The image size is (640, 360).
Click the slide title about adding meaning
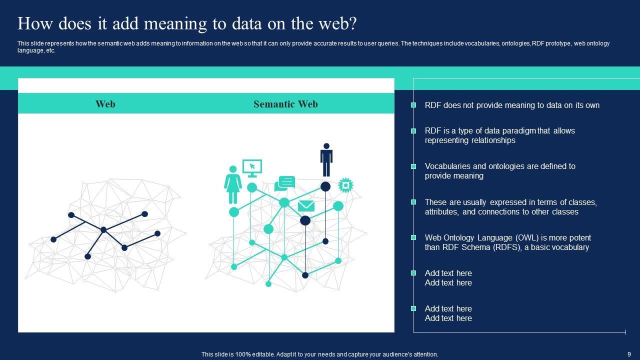point(187,24)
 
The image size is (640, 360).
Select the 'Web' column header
point(105,104)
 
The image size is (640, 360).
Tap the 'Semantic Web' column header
point(285,104)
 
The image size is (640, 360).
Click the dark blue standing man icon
point(326,159)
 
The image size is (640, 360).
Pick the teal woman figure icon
point(232,184)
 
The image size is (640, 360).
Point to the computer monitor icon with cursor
point(252,168)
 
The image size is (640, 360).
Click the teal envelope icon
point(306,206)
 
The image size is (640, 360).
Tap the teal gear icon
point(345,185)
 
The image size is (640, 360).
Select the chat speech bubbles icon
point(285,183)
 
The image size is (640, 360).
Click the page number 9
point(629,354)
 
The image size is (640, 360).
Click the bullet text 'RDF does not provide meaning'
point(512,105)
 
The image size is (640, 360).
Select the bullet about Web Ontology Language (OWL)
point(507,242)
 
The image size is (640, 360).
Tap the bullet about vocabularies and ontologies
point(500,171)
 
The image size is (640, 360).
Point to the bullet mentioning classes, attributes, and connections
point(510,207)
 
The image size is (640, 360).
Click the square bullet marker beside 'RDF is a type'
point(413,131)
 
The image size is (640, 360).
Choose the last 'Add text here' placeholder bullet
point(448,313)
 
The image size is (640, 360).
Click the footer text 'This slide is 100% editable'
point(319,354)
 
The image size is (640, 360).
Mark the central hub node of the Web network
point(103,230)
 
